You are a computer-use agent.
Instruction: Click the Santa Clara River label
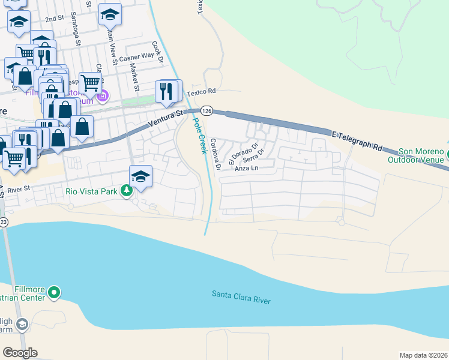241,297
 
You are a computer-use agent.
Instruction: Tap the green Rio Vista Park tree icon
126,191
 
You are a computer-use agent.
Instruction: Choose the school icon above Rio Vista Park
140,176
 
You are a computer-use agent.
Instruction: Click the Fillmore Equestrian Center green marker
54,292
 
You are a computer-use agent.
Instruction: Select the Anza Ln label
246,169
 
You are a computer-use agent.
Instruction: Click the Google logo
20,353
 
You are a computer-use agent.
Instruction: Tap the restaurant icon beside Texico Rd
167,91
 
